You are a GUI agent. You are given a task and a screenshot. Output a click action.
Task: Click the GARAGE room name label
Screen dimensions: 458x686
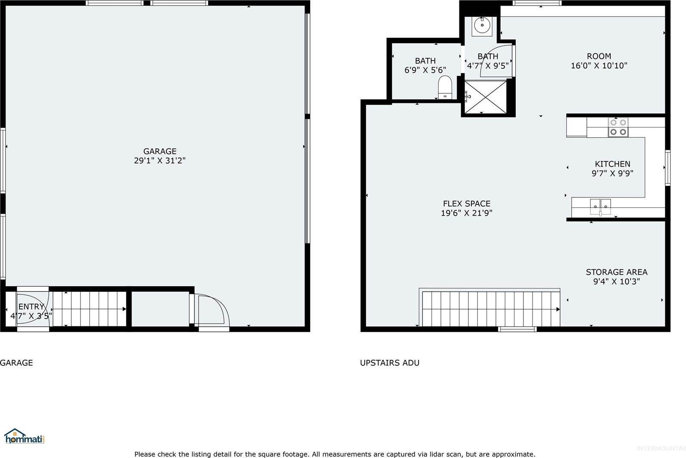pyautogui.click(x=160, y=151)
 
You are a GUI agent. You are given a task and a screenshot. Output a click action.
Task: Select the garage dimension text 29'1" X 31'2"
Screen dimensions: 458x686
pyautogui.click(x=160, y=161)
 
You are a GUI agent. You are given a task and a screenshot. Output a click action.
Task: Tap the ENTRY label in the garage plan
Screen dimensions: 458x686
pyautogui.click(x=31, y=306)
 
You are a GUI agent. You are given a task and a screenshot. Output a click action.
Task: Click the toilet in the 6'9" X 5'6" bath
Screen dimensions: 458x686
pyautogui.click(x=445, y=87)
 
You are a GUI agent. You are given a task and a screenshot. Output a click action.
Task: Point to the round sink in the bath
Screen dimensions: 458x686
pyautogui.click(x=482, y=27)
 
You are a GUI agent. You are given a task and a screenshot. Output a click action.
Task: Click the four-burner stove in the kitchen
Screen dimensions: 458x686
pyautogui.click(x=618, y=127)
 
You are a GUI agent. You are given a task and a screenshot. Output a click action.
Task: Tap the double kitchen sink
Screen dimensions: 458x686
pyautogui.click(x=600, y=207)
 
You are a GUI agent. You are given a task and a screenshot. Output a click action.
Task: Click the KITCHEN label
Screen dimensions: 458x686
pyautogui.click(x=612, y=164)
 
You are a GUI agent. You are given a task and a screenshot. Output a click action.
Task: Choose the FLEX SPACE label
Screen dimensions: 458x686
pyautogui.click(x=467, y=204)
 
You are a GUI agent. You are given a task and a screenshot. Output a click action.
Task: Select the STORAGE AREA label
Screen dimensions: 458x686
pyautogui.click(x=616, y=272)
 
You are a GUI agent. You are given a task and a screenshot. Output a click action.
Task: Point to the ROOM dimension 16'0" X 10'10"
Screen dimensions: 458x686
pyautogui.click(x=599, y=66)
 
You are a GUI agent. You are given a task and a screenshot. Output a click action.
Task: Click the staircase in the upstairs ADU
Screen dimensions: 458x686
pyautogui.click(x=490, y=309)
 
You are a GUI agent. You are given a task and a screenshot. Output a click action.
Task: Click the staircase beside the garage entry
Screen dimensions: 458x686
pyautogui.click(x=89, y=309)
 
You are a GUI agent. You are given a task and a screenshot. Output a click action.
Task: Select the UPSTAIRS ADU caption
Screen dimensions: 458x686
pyautogui.click(x=389, y=363)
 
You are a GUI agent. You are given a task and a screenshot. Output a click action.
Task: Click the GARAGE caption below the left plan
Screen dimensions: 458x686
pyautogui.click(x=16, y=363)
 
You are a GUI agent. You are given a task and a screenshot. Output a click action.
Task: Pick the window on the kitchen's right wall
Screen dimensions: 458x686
pyautogui.click(x=668, y=167)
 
